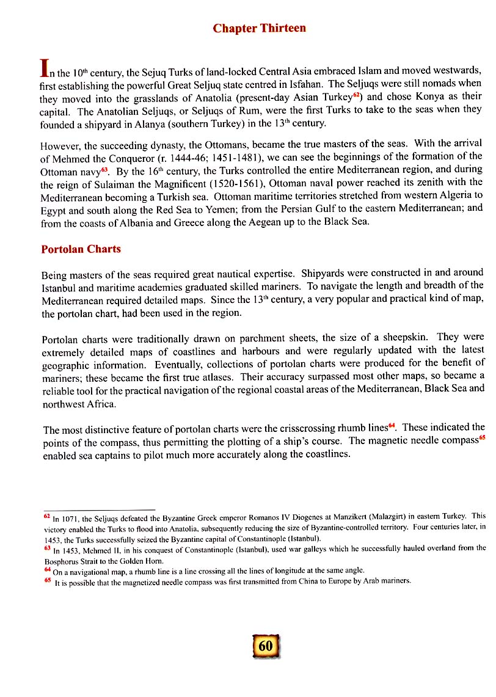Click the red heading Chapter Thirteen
(x=259, y=29)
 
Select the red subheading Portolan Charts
(x=81, y=249)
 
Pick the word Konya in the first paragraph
(x=432, y=98)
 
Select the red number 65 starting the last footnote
(x=46, y=579)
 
